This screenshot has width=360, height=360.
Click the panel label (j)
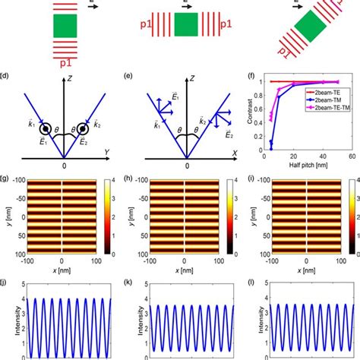(x=6, y=283)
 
